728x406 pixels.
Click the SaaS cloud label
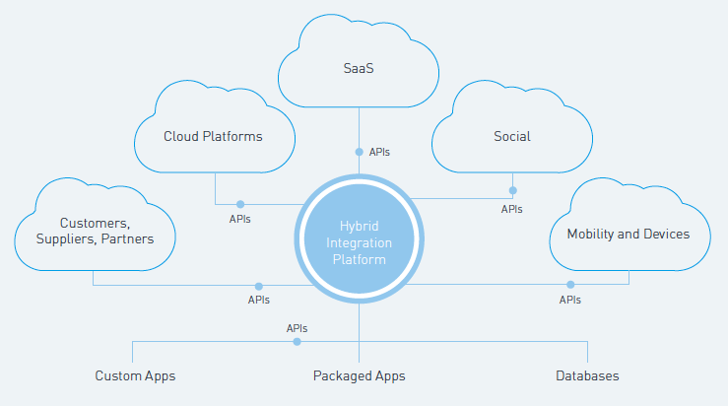click(x=359, y=71)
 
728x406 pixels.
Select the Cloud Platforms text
click(x=213, y=136)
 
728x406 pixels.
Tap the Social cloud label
click(x=512, y=136)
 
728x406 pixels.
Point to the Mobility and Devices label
click(x=628, y=235)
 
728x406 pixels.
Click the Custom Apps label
click(x=135, y=375)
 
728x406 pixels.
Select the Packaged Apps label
click(x=359, y=375)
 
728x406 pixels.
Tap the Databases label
click(x=587, y=375)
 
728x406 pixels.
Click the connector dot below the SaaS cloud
click(x=359, y=152)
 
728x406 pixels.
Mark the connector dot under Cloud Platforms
click(x=239, y=203)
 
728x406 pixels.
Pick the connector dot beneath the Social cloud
click(x=512, y=190)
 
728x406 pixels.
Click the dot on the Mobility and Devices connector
click(x=570, y=285)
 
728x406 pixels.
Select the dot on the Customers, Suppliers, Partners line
click(x=259, y=286)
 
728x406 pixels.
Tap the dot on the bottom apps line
click(x=297, y=342)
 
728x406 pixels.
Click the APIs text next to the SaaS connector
click(x=380, y=153)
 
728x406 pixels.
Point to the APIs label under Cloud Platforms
click(x=239, y=219)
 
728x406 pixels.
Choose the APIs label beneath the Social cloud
click(x=512, y=209)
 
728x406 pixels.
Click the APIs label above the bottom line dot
click(x=297, y=328)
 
